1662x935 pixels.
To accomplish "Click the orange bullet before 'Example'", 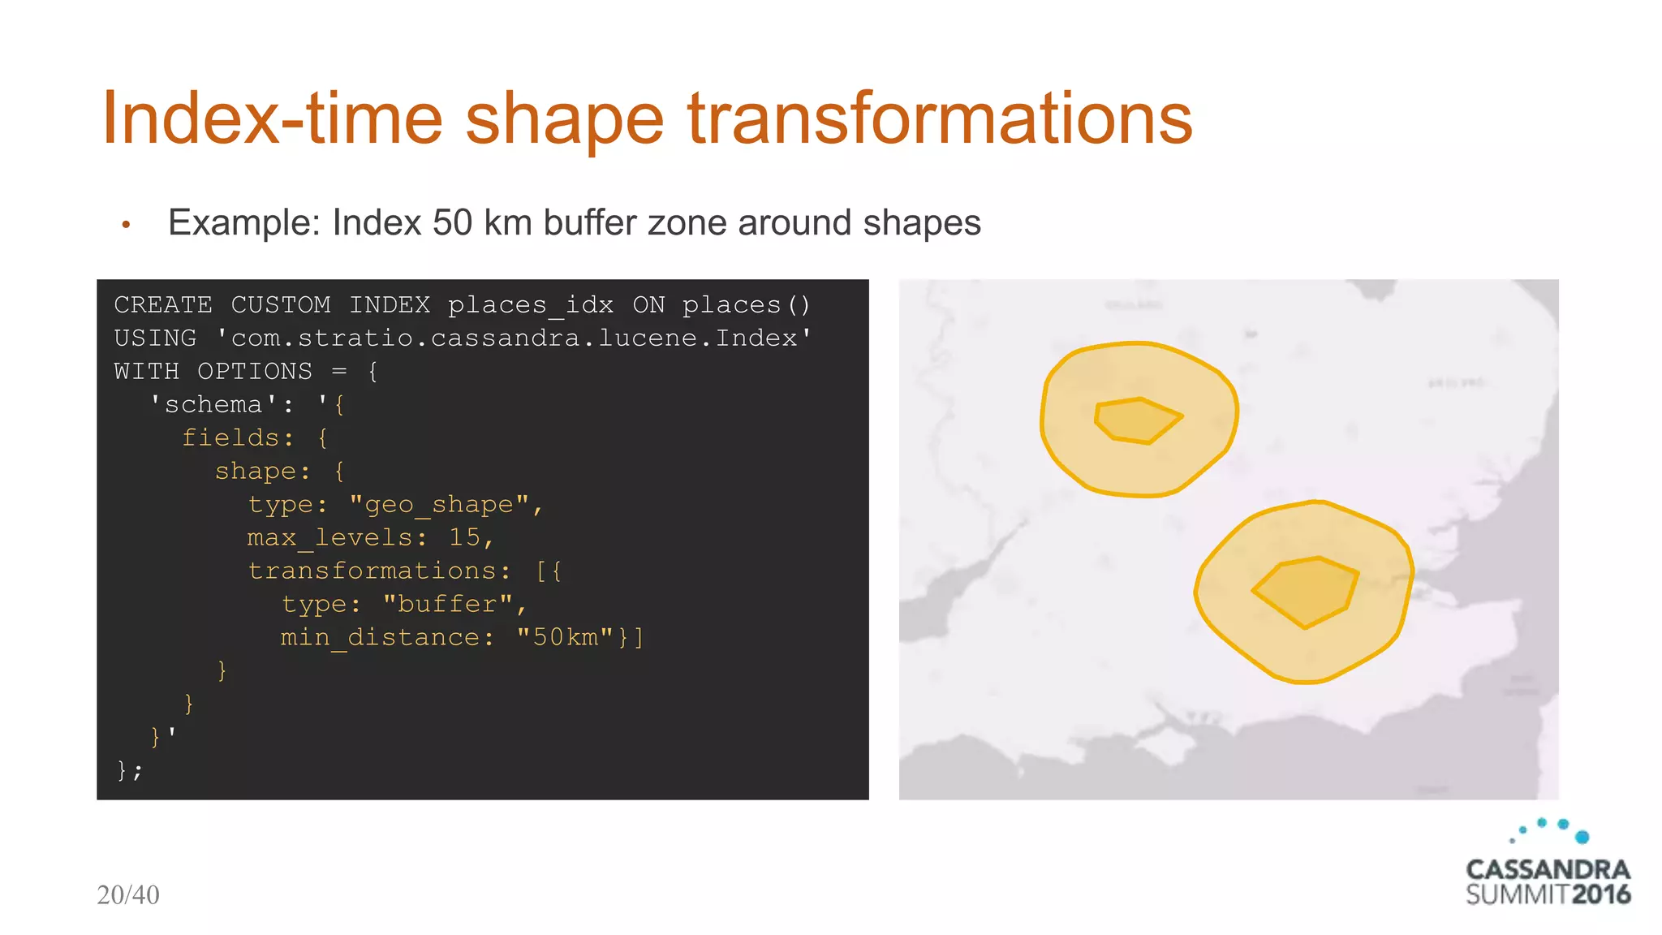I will [x=126, y=225].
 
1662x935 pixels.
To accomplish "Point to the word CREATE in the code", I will [x=162, y=305].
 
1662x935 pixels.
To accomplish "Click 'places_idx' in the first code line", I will [x=530, y=305].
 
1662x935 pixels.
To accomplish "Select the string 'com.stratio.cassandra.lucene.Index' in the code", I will [x=514, y=338].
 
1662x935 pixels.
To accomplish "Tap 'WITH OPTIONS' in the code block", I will [x=213, y=372].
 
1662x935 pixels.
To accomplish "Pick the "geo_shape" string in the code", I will [x=439, y=505].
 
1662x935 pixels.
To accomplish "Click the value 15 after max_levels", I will [x=465, y=538].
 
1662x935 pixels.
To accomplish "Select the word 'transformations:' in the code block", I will [x=380, y=571].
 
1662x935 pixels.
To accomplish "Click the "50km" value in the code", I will [x=565, y=638].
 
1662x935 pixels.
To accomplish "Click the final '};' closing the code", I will [x=129, y=770].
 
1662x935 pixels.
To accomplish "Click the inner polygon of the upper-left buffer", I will [x=1136, y=420].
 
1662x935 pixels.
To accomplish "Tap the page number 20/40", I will [x=128, y=895].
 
